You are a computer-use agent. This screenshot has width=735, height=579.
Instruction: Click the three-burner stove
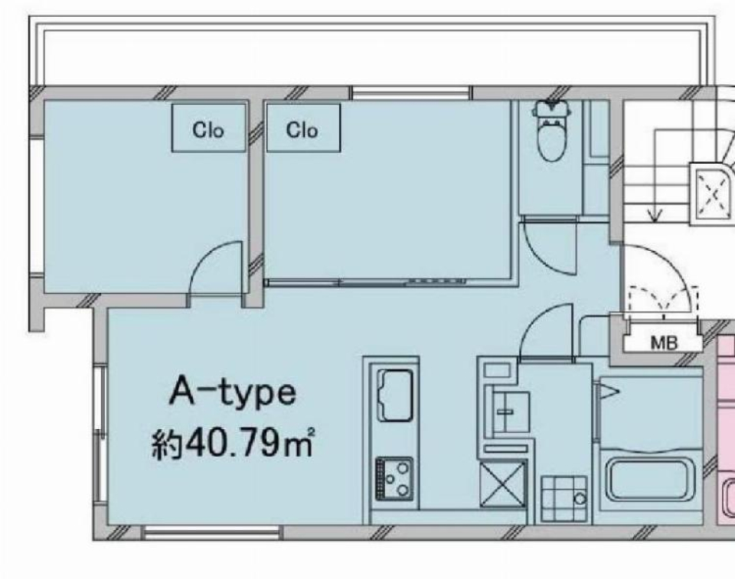pyautogui.click(x=394, y=479)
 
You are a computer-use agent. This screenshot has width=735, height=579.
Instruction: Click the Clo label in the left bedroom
pyautogui.click(x=208, y=130)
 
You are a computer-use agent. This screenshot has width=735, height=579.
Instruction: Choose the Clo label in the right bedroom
pyautogui.click(x=302, y=130)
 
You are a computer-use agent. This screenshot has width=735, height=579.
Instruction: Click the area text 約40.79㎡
pyautogui.click(x=234, y=444)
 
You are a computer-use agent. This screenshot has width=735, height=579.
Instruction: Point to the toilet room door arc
pyautogui.click(x=548, y=248)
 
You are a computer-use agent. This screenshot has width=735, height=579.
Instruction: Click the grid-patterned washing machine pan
pyautogui.click(x=563, y=497)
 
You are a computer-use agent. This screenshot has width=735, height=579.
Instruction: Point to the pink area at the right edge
pyautogui.click(x=725, y=428)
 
